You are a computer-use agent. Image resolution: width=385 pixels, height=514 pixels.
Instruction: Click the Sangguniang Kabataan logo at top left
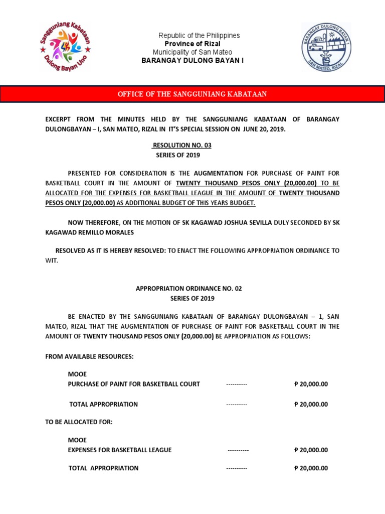coord(65,48)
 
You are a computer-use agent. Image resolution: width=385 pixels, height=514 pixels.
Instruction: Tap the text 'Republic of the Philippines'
coord(199,36)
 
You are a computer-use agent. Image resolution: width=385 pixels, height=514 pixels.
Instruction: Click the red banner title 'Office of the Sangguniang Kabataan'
coord(192,94)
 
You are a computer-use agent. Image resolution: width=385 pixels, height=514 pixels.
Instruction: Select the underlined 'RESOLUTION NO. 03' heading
coord(178,146)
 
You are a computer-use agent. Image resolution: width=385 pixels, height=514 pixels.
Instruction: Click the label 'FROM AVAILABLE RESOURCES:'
coord(89,356)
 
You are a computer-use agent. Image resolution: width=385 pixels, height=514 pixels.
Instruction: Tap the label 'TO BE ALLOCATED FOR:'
coord(79,422)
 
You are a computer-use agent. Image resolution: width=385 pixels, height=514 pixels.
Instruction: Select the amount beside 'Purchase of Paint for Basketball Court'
coord(311,384)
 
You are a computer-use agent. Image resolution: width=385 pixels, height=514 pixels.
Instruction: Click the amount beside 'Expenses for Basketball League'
coord(311,450)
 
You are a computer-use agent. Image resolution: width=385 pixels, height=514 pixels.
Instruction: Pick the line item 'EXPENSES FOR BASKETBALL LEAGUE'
coord(120,450)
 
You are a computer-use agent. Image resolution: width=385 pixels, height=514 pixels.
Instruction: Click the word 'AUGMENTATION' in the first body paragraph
coord(219,173)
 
